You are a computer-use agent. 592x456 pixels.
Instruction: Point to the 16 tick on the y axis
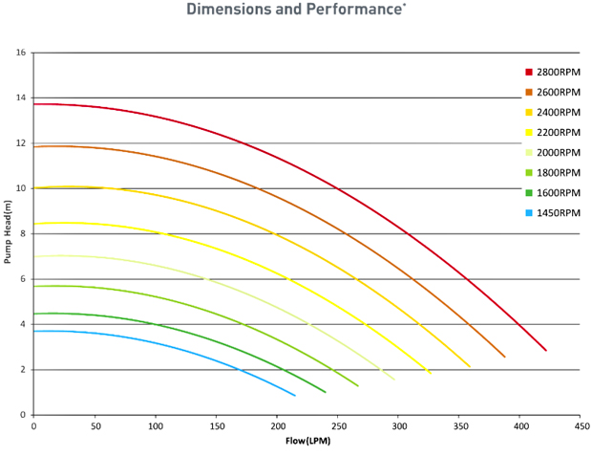(21, 53)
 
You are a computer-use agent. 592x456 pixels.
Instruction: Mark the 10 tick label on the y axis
(21, 188)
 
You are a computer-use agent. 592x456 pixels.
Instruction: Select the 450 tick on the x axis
(579, 426)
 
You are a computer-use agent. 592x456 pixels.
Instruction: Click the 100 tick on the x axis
(155, 426)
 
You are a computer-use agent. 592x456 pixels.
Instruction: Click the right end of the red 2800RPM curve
(546, 351)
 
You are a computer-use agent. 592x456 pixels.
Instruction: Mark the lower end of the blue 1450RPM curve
(295, 396)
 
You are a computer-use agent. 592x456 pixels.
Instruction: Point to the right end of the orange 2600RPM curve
(504, 357)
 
